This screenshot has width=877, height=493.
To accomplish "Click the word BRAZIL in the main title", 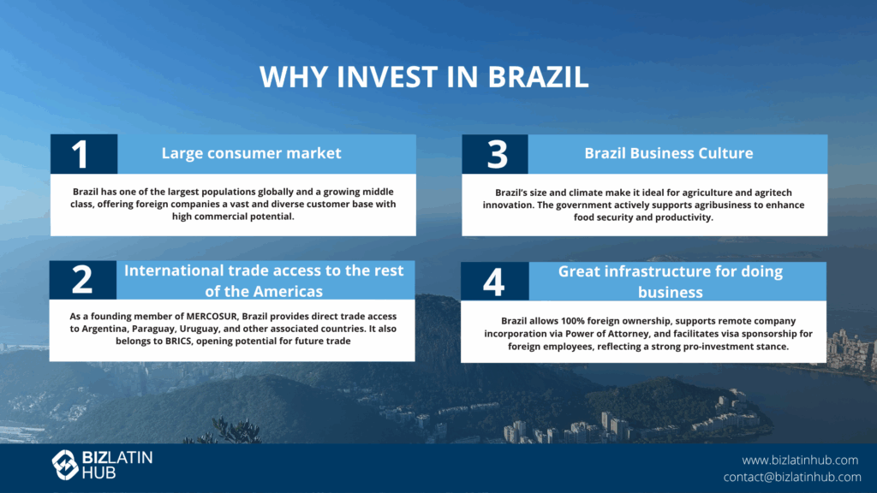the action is click(538, 76).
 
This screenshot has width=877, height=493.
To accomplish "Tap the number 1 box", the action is click(84, 154).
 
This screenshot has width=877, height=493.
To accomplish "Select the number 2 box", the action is click(83, 280).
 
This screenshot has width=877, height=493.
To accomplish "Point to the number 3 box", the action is click(495, 154).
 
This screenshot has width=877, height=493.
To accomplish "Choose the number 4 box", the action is click(494, 281).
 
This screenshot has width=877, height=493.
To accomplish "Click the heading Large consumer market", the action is click(251, 153).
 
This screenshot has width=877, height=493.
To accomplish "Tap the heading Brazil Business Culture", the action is click(668, 153).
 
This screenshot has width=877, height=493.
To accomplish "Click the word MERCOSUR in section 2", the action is click(212, 317).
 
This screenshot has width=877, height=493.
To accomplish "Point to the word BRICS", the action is click(178, 341).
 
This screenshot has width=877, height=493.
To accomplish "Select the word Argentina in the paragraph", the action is click(104, 330).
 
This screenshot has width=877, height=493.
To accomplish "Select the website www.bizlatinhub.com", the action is click(800, 460).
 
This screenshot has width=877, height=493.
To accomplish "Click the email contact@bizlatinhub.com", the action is click(792, 477).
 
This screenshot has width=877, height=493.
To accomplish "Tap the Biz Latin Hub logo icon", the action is click(65, 465).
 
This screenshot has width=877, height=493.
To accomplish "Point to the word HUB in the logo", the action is click(99, 472).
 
